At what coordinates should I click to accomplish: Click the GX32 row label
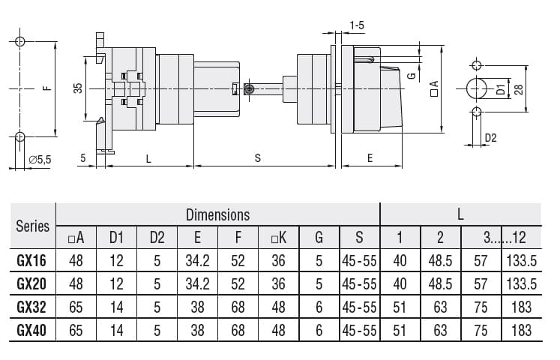33,307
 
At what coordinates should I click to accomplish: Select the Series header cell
33,226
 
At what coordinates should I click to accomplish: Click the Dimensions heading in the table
217,214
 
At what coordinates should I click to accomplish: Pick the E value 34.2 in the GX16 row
197,262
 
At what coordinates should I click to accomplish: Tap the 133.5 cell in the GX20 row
521,284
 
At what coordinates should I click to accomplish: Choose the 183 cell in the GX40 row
521,330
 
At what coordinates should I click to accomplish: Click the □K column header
278,238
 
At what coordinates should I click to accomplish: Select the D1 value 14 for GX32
116,307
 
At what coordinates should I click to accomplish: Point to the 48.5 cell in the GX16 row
440,262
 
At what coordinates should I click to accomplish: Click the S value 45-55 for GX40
359,330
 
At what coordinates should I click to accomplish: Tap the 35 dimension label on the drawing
78,88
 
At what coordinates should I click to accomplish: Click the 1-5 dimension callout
357,26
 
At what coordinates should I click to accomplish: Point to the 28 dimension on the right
517,88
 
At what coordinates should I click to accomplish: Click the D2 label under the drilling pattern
491,138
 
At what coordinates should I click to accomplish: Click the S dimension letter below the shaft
258,157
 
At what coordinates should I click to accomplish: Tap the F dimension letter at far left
46,88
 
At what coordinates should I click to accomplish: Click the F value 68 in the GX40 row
238,330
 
